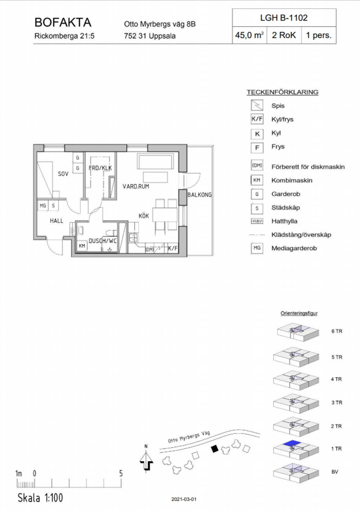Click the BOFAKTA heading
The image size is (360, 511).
click(x=63, y=22)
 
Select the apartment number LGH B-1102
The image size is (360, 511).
click(x=284, y=18)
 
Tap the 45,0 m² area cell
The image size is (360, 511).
click(x=249, y=35)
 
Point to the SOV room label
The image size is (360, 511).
click(x=63, y=174)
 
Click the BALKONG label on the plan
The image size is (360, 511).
click(x=199, y=195)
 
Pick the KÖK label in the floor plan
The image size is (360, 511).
click(x=144, y=216)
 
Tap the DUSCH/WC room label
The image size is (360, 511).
click(x=103, y=241)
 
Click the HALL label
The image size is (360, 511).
click(x=57, y=221)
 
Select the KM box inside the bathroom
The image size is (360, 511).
click(x=82, y=246)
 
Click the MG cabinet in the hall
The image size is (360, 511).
click(x=43, y=205)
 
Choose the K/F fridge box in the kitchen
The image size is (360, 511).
click(x=173, y=248)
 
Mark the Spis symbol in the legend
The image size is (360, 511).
click(x=257, y=105)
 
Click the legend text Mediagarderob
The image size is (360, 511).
click(x=294, y=248)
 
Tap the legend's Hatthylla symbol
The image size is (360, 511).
click(x=257, y=221)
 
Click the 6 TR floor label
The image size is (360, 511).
click(x=337, y=331)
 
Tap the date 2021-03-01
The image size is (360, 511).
click(x=184, y=499)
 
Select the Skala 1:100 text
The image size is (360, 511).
click(x=40, y=498)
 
